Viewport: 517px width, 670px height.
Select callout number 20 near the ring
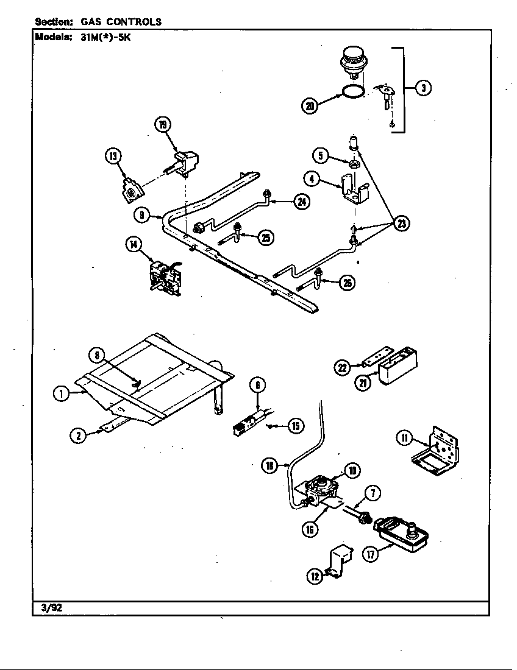[310, 106]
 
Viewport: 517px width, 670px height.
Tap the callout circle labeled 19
[162, 125]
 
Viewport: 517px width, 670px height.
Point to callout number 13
[113, 157]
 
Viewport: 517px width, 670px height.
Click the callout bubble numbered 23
[401, 224]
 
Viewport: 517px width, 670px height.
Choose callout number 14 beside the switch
[134, 245]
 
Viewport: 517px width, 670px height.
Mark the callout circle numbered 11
[404, 437]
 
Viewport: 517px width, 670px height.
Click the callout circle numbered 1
[60, 394]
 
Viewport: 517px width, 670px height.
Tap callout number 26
[347, 283]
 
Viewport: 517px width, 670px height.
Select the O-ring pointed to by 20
[352, 91]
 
